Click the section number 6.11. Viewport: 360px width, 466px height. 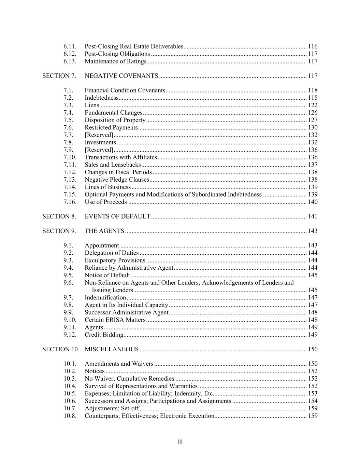70,46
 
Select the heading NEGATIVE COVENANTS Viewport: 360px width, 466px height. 121,76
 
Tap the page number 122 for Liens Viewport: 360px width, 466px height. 313,105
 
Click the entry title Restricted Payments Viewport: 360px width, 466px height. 111,128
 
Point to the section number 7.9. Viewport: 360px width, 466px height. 68,150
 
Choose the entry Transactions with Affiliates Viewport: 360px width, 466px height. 121,157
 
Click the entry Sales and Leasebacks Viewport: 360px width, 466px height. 113,165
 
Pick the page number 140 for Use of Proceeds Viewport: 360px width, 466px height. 313,202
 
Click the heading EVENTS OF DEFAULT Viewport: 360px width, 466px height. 117,216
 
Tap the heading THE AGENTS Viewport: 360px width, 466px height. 104,231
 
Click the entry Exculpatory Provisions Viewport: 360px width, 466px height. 115,260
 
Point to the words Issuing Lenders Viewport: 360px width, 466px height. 112,290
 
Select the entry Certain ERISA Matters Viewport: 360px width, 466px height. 115,320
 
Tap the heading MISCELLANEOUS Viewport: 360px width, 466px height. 112,349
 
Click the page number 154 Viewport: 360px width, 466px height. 313,401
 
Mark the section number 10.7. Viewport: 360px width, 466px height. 70,409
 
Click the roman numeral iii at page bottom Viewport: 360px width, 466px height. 180,442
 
